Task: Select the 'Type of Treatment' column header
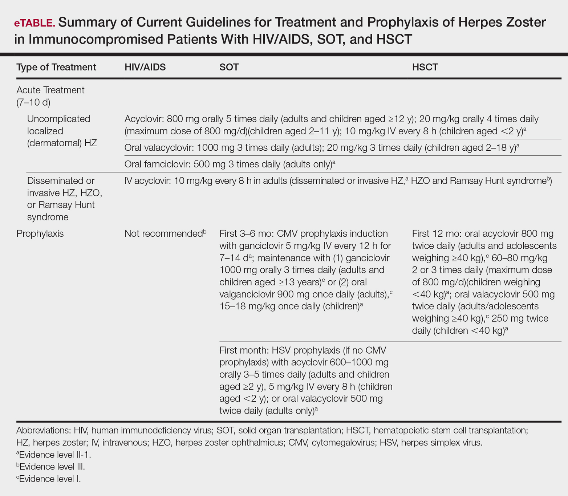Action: tap(56, 67)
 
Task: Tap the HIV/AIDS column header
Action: tap(145, 67)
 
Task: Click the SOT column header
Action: tap(229, 67)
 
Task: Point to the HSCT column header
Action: tap(425, 67)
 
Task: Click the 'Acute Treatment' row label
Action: tap(50, 90)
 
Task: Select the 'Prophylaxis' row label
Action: tap(40, 233)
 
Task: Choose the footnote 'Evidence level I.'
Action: tap(49, 479)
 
